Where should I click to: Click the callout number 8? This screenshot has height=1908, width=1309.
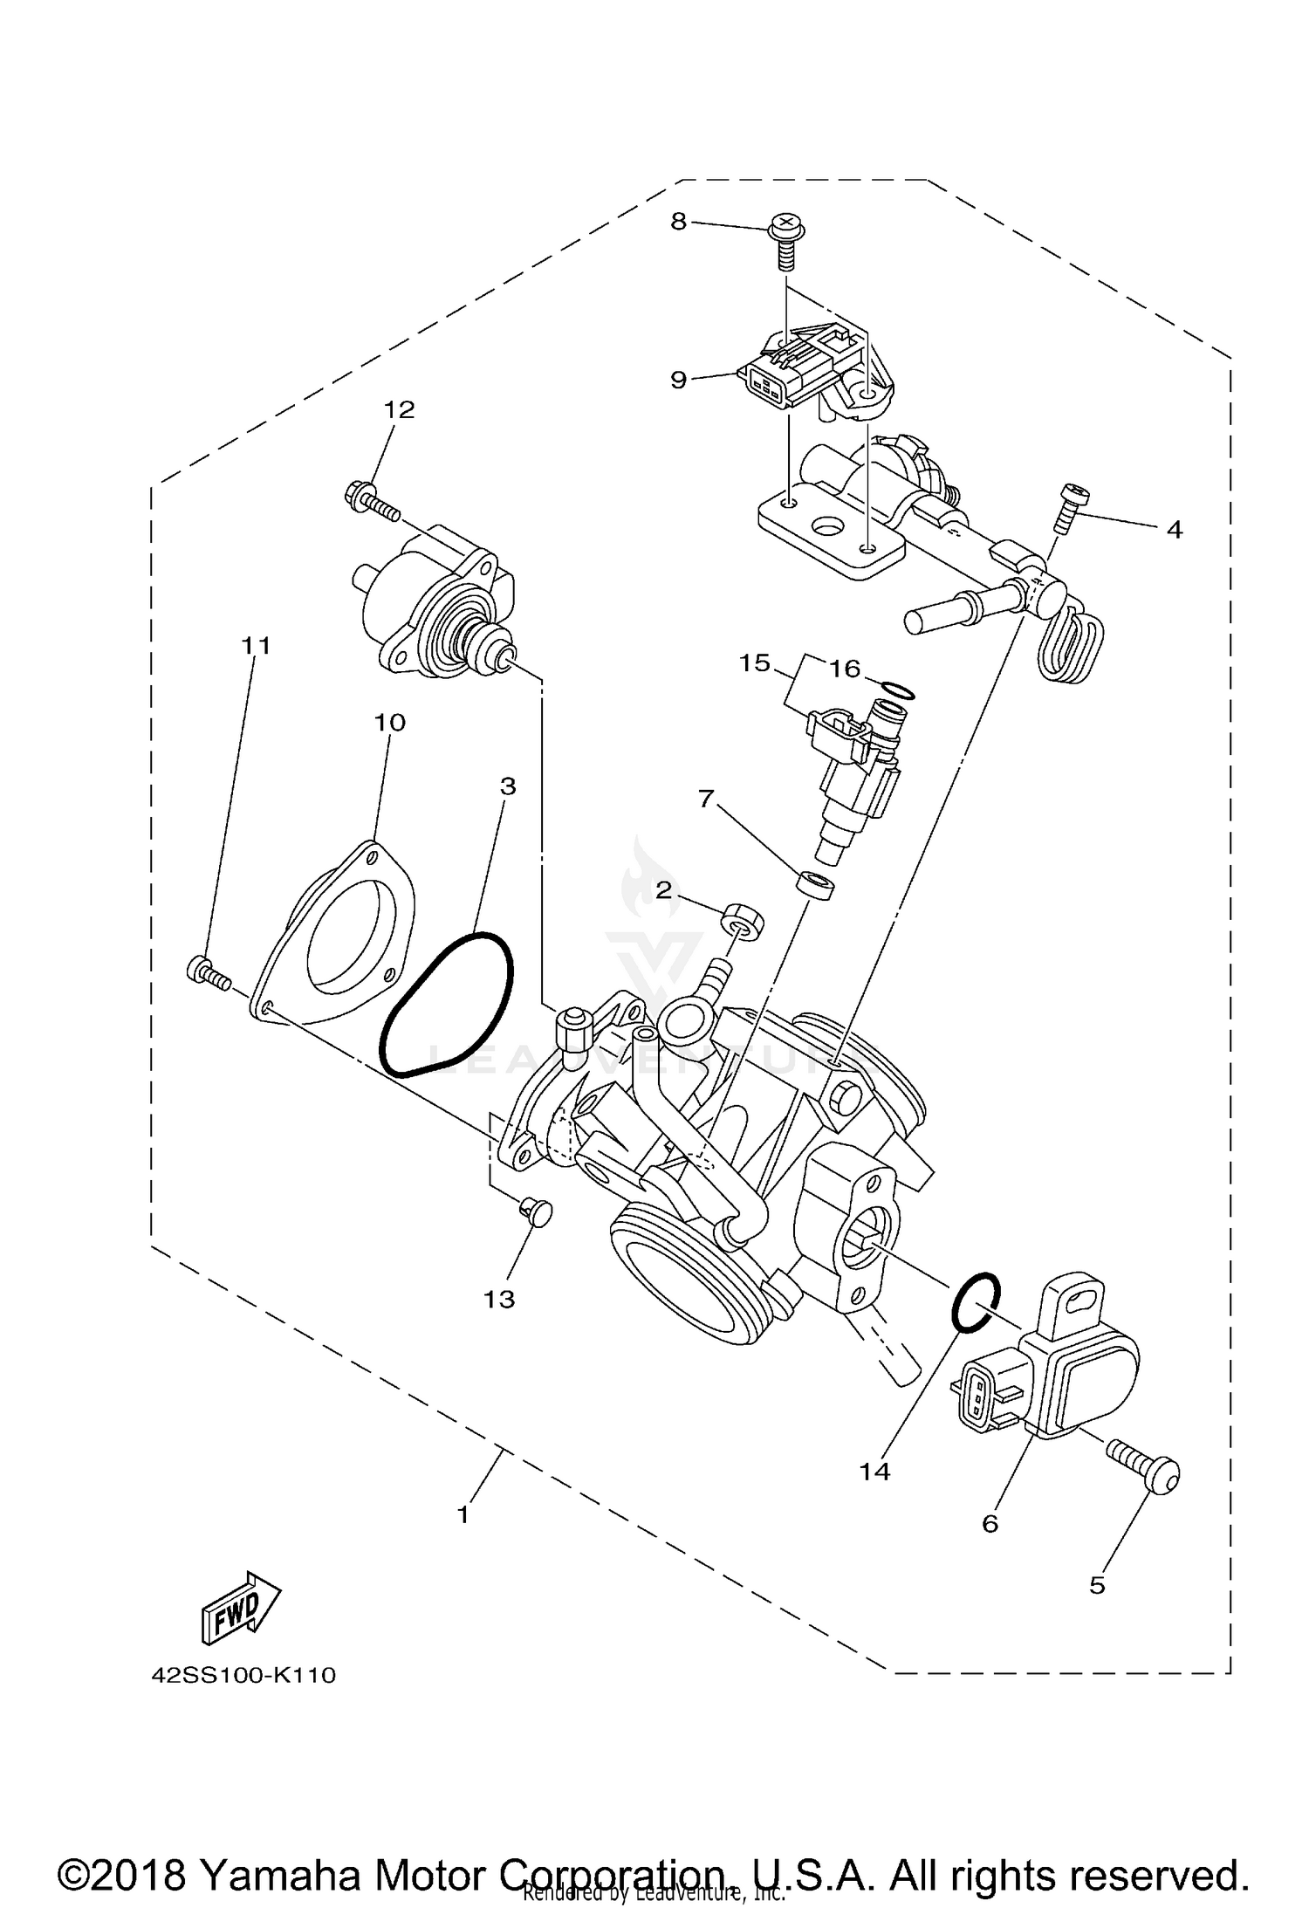point(679,222)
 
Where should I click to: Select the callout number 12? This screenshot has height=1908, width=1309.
point(400,409)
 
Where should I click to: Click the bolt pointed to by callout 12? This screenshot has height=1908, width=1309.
point(371,501)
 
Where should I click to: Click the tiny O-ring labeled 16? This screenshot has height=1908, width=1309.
point(896,690)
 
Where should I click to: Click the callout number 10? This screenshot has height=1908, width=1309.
point(390,723)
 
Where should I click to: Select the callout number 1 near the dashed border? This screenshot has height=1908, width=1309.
point(463,1513)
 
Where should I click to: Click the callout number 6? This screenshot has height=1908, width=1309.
point(989,1524)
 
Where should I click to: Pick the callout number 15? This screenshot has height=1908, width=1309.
point(754,663)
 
